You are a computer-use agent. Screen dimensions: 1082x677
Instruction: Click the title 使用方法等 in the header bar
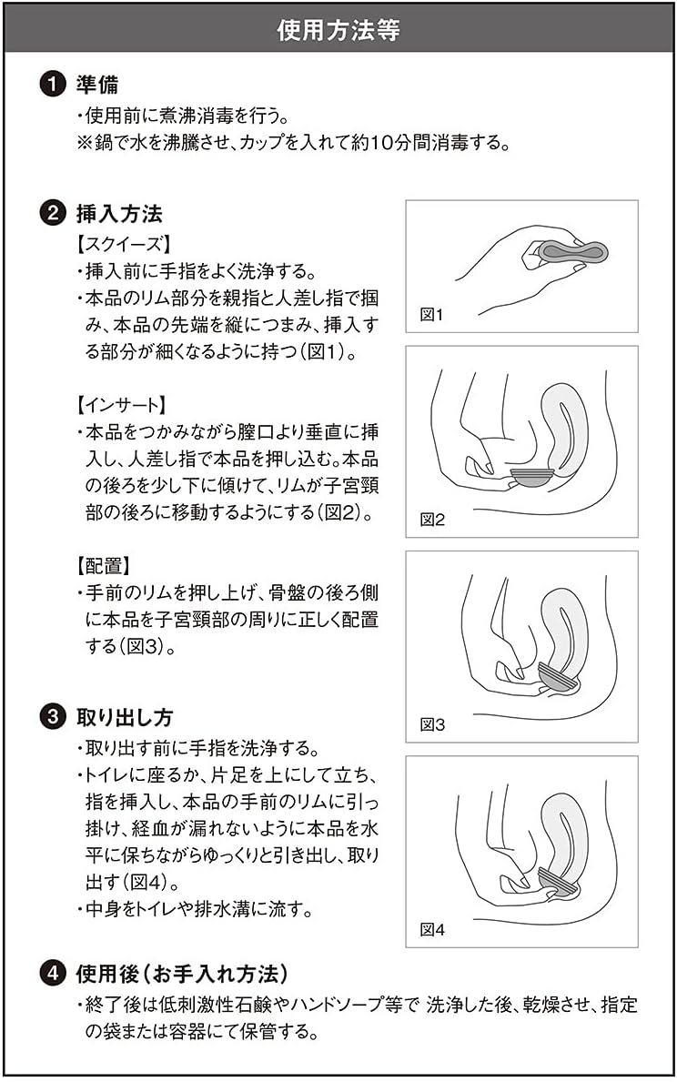click(x=338, y=30)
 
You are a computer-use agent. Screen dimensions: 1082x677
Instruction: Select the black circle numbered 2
click(x=53, y=215)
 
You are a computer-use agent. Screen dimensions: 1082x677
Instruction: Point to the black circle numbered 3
click(x=53, y=717)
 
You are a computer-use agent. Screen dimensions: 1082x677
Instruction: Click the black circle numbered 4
click(x=53, y=974)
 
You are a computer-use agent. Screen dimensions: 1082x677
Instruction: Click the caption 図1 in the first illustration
click(x=430, y=315)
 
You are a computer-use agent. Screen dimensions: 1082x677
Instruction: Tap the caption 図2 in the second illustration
click(x=431, y=520)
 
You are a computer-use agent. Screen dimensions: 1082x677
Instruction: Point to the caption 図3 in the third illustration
click(x=431, y=725)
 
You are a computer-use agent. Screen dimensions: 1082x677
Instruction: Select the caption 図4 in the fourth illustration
click(x=431, y=930)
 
